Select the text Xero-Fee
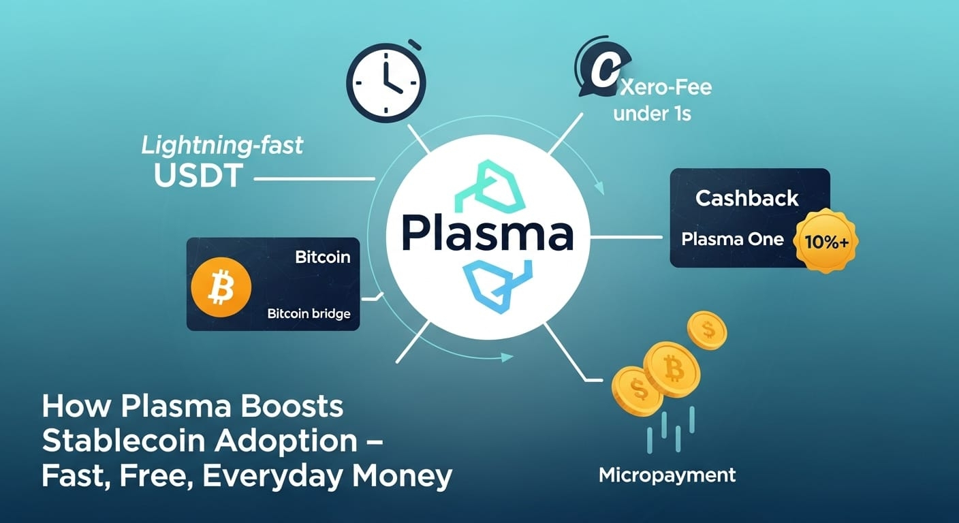click(667, 86)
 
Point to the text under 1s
click(652, 113)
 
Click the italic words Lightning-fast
click(221, 145)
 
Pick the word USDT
click(198, 176)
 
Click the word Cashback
click(746, 198)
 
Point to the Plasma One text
click(732, 240)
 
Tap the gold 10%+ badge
click(826, 241)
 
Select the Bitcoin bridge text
click(309, 314)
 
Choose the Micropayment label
click(667, 475)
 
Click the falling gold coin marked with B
click(673, 369)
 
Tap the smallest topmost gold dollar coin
click(707, 330)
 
